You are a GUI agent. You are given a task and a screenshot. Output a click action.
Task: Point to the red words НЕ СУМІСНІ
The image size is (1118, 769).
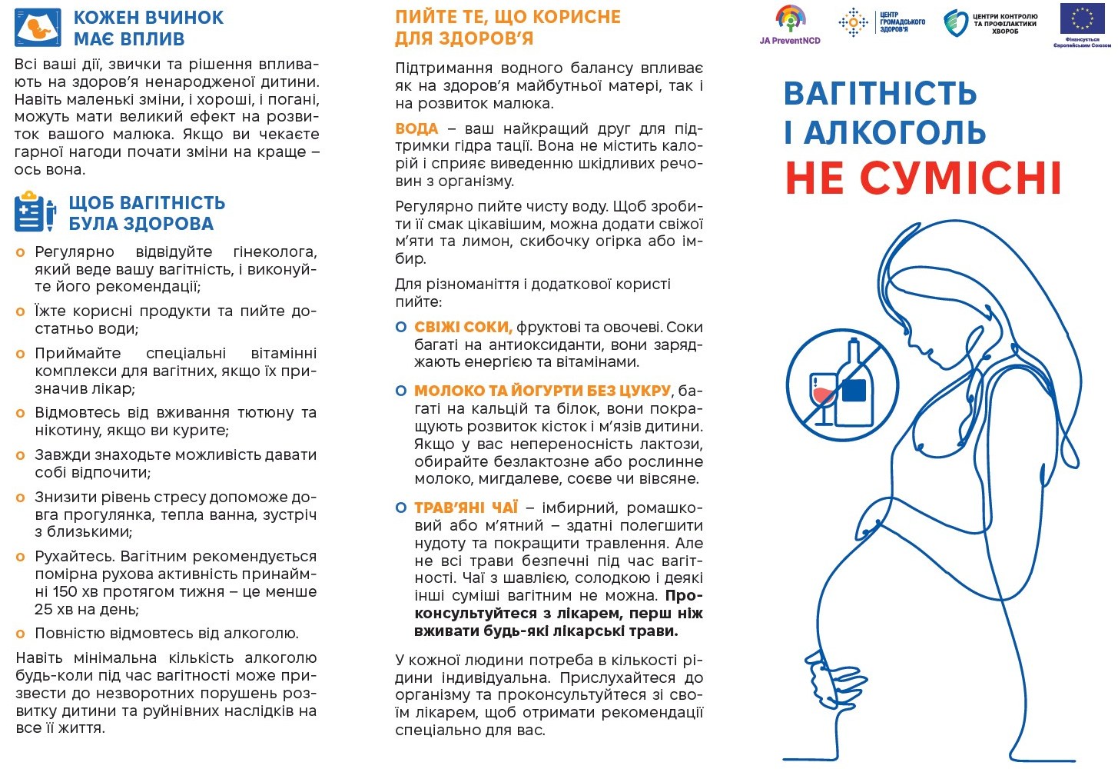[x=923, y=178]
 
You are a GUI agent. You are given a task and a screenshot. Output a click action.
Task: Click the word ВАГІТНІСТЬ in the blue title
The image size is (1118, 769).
[x=880, y=94]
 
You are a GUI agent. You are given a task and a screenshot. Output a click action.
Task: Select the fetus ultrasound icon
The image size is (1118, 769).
[x=38, y=28]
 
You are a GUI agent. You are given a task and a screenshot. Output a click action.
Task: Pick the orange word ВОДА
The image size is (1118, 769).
[x=416, y=128]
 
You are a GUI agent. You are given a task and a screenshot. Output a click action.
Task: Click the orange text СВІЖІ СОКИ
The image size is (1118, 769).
[x=463, y=327]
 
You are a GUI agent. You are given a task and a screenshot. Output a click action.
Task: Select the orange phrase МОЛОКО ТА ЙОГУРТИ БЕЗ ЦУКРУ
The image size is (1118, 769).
[x=542, y=391]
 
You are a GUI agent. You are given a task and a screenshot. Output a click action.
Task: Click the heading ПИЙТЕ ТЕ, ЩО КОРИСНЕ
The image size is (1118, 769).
[x=507, y=17]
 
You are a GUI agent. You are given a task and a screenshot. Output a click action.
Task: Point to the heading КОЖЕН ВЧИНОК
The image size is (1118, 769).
[x=148, y=17]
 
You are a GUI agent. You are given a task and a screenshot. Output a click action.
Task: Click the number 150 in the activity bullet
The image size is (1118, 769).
[x=66, y=591]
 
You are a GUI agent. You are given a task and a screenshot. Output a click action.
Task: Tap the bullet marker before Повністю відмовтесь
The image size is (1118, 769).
[x=21, y=634]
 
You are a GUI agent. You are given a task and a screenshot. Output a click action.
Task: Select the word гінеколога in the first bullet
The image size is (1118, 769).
[x=274, y=251]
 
